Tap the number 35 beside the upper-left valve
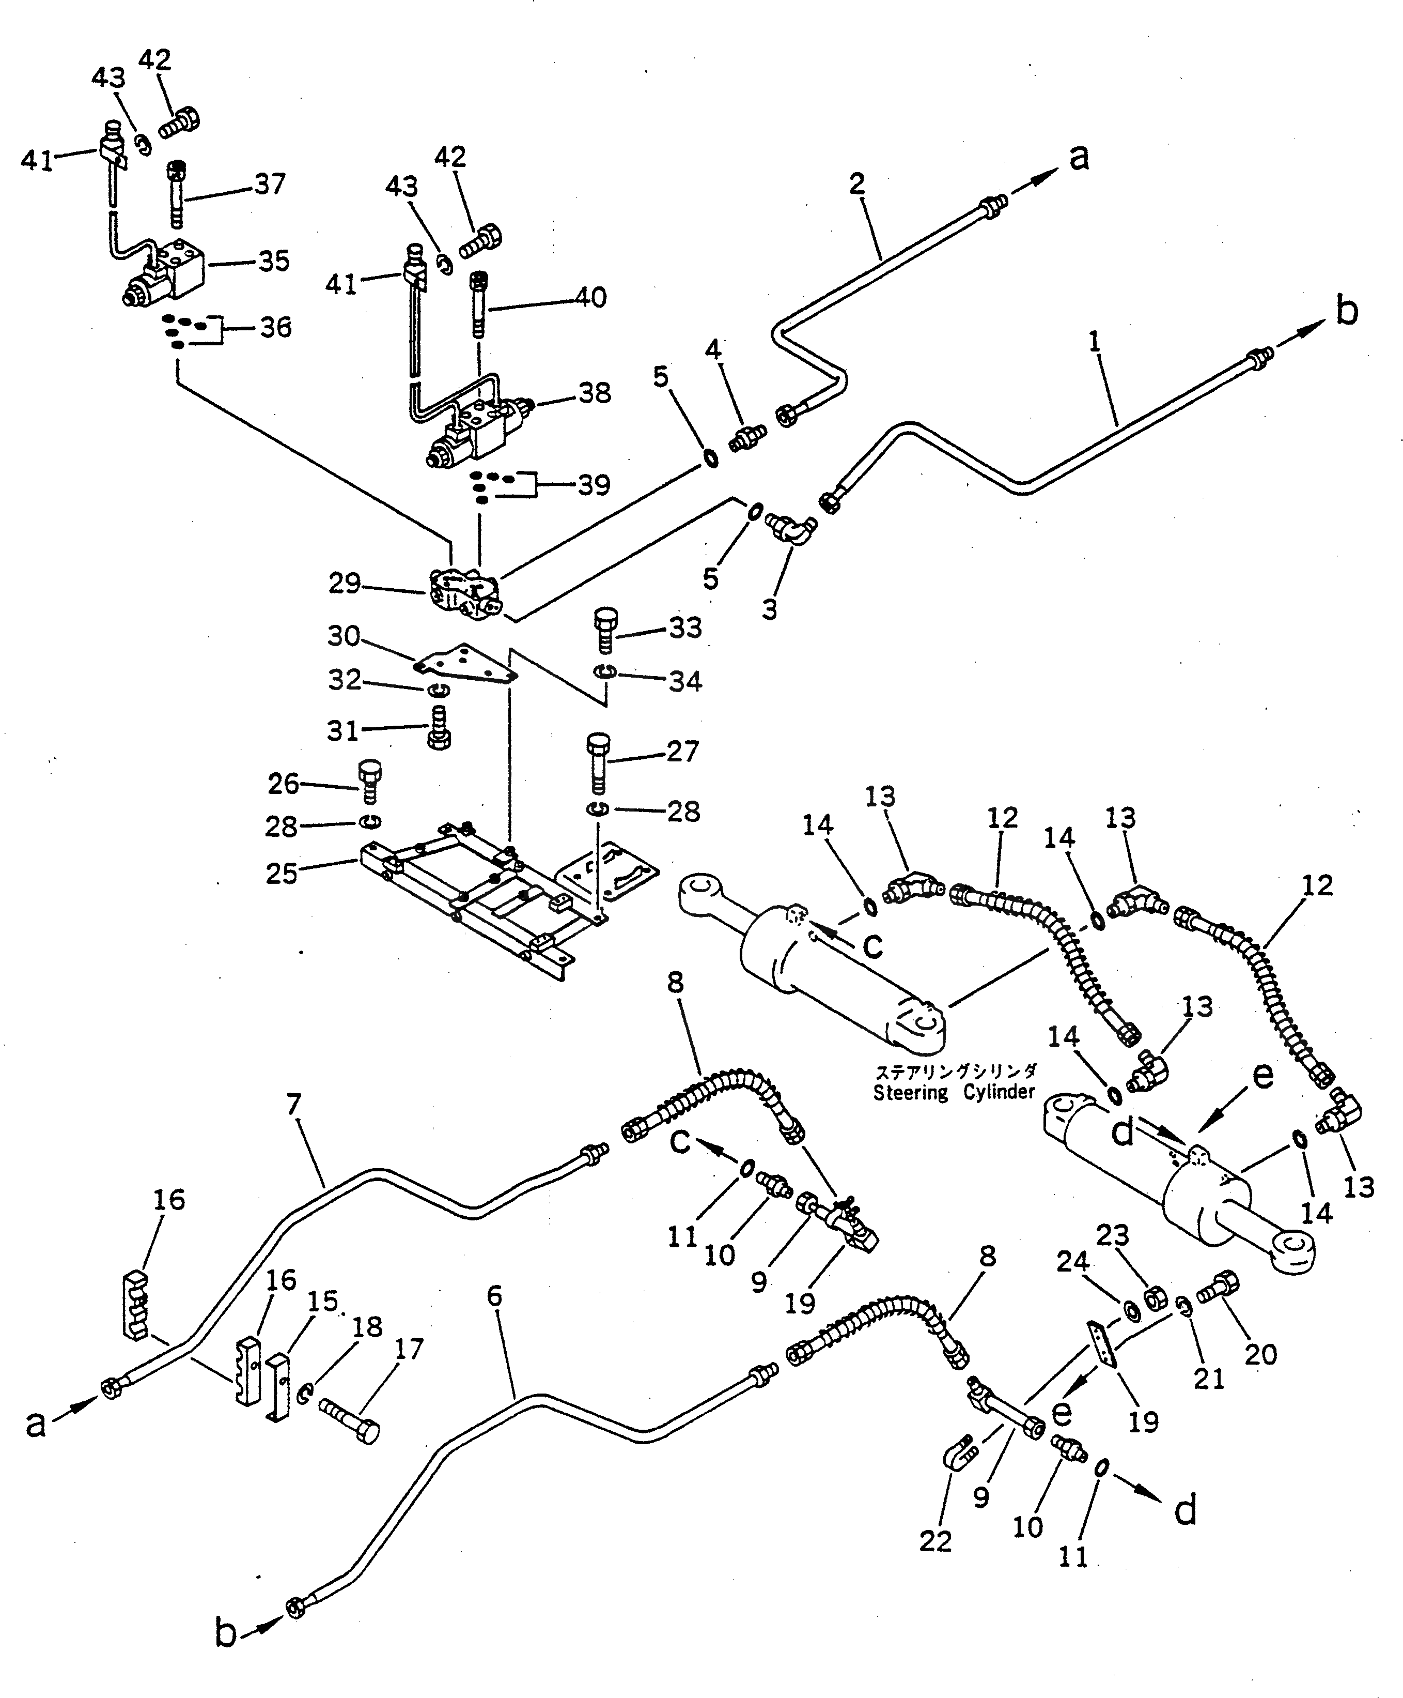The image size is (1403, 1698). [273, 261]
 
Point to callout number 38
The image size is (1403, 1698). [595, 394]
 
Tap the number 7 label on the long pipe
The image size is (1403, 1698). [293, 1104]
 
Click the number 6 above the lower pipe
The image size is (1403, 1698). [494, 1296]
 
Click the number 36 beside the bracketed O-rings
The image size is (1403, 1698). [275, 328]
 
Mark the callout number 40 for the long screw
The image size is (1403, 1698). [591, 298]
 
